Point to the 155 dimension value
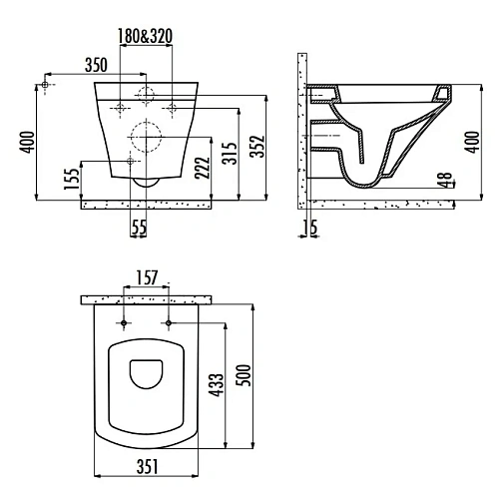71,179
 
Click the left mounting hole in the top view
124,323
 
